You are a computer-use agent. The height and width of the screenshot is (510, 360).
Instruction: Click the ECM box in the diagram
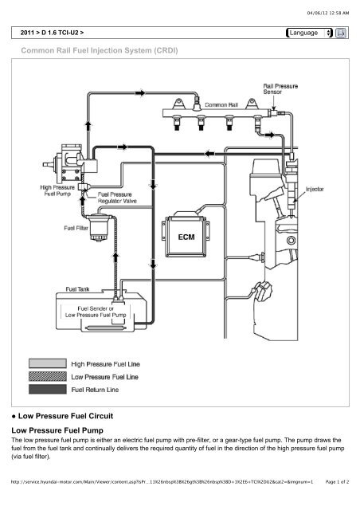click(x=185, y=235)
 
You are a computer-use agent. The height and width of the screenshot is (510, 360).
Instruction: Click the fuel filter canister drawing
click(x=102, y=231)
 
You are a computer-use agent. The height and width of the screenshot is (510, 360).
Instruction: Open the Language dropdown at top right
click(x=307, y=33)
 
